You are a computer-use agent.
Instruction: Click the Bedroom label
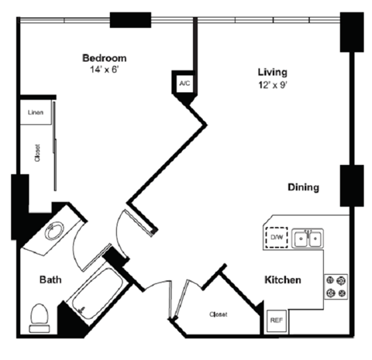105,58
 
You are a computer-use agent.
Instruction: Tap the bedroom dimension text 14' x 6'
105,70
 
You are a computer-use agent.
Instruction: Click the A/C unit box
184,81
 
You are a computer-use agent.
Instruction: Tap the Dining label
304,187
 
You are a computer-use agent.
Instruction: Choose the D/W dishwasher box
276,236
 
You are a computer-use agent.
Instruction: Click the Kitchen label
283,280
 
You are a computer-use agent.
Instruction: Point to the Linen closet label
36,114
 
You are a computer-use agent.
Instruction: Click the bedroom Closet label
36,155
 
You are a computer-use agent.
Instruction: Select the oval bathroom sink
54,231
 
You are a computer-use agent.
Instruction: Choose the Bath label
51,280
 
